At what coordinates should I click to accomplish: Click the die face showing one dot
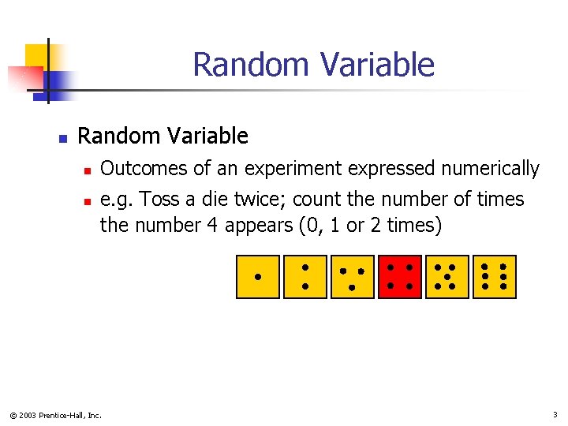tap(258, 277)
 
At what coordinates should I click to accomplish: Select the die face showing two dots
tap(305, 277)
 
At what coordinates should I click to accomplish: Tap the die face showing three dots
tap(353, 277)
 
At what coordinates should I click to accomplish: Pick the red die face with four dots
tap(400, 277)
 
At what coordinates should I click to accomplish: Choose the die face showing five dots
tap(447, 277)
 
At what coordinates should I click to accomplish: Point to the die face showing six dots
tap(495, 277)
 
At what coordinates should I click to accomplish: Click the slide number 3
tap(555, 414)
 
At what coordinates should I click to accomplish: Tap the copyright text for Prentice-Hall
tap(56, 415)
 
